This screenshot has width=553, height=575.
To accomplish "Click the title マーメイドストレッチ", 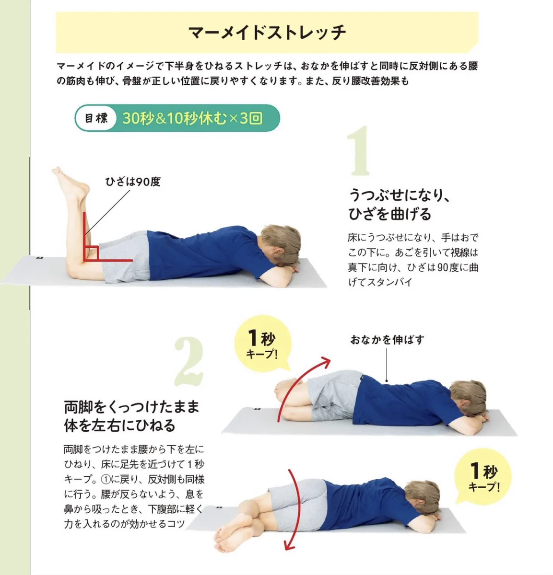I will point(267,32).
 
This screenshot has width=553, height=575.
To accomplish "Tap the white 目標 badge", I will point(96,118).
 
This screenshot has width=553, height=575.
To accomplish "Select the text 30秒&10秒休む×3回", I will point(192,118).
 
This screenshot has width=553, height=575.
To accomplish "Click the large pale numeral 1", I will point(359,151).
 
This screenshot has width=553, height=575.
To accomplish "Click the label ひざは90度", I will point(133,182).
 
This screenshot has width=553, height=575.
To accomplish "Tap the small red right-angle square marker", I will point(92,253).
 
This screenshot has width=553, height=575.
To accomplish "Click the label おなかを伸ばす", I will point(387,340).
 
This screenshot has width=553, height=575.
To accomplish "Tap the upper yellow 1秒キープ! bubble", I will point(262,344).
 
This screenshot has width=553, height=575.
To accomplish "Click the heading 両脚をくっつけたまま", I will point(131,407).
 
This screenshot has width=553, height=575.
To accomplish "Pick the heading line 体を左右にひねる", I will point(120,425).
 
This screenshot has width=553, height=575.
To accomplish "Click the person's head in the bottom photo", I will point(421,499).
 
